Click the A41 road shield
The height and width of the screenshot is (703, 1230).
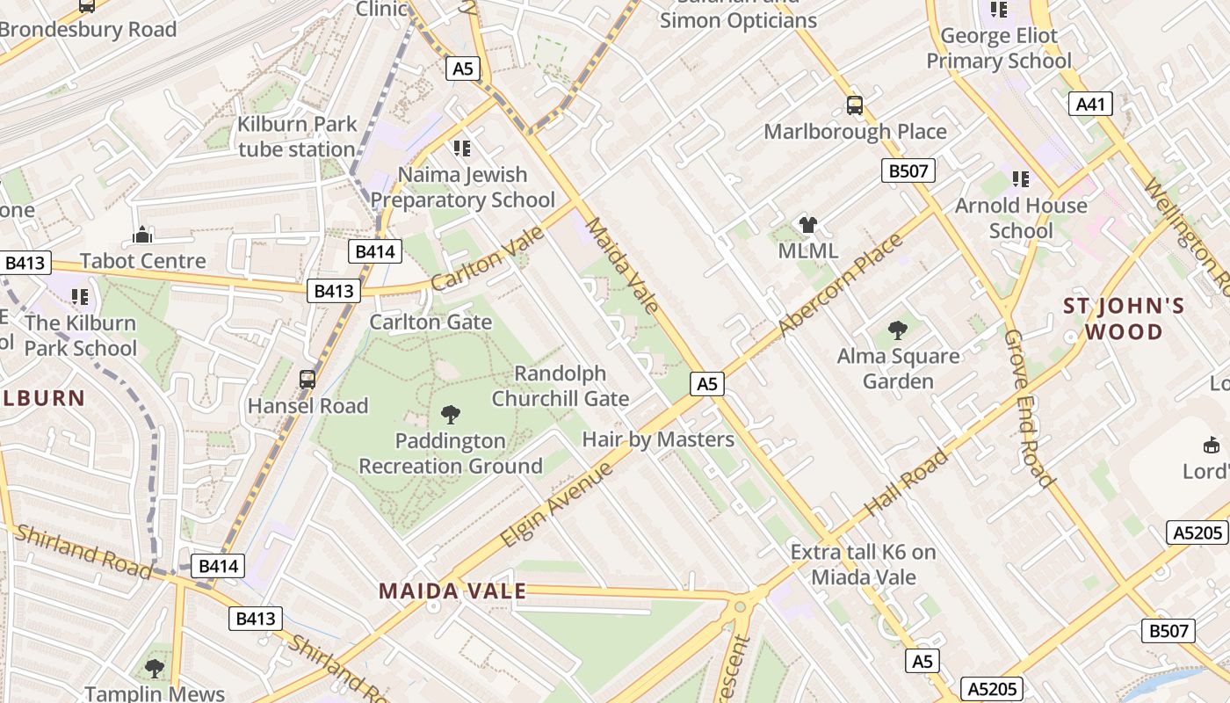(1090, 105)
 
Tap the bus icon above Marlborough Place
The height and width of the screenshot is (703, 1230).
(855, 105)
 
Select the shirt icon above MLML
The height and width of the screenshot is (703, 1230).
(808, 225)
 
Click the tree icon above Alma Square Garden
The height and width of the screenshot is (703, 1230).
(897, 330)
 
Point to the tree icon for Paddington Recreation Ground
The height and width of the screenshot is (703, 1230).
(451, 414)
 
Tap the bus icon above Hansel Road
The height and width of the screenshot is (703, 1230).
(307, 380)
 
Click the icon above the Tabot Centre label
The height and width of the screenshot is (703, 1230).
(142, 235)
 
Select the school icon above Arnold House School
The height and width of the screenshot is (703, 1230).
(1021, 179)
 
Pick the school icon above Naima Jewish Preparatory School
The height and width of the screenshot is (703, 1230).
(462, 148)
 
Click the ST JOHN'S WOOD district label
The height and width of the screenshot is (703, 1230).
(1124, 319)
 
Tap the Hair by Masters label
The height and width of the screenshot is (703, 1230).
(658, 439)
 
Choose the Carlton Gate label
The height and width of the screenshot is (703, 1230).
(430, 322)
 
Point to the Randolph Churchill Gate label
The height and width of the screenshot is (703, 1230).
(561, 386)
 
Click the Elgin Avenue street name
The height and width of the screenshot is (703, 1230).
(557, 504)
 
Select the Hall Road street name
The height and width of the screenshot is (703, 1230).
(907, 482)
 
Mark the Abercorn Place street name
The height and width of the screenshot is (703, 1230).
(840, 286)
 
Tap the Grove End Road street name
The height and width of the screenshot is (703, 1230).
(1028, 408)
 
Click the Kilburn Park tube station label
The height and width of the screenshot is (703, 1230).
(297, 136)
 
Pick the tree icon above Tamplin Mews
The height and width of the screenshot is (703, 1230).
(155, 669)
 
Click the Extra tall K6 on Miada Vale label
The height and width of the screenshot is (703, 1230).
(863, 564)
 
